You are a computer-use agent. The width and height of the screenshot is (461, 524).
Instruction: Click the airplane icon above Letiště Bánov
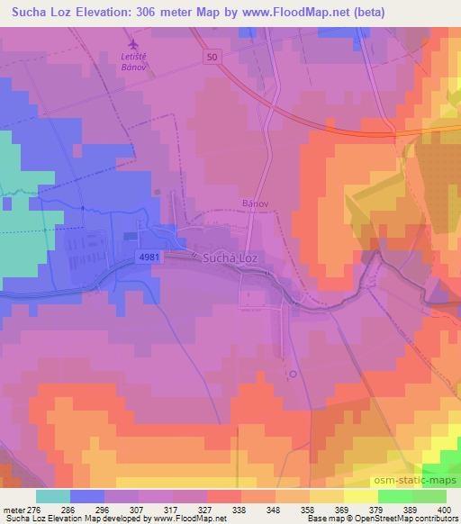pyautogui.click(x=134, y=43)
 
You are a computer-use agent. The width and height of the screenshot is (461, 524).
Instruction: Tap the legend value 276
pyautogui.click(x=38, y=510)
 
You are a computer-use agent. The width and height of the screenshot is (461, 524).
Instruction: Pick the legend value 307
pyautogui.click(x=140, y=510)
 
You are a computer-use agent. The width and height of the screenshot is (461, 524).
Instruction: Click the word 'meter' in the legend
pyautogui.click(x=14, y=510)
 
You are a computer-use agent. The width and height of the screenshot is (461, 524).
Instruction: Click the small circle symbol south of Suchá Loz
pyautogui.click(x=292, y=373)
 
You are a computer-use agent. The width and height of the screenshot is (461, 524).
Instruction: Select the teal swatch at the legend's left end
pyautogui.click(x=53, y=496)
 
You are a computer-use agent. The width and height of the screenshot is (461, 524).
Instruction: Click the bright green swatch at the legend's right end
pyautogui.click(x=429, y=496)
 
